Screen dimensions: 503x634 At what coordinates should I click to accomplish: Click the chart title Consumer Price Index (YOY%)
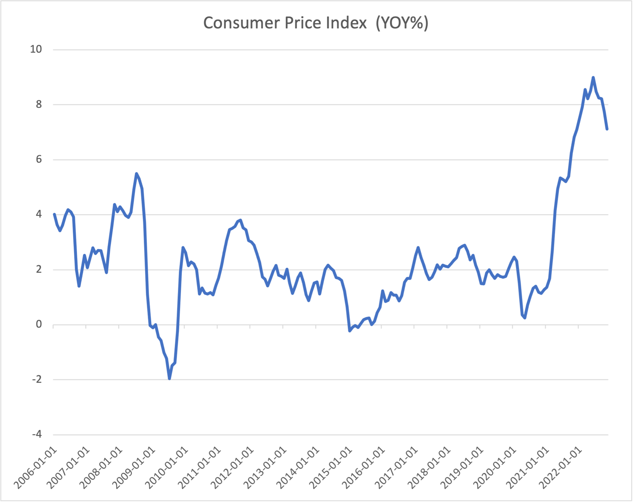pos(315,23)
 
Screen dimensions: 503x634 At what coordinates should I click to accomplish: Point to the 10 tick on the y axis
pos(36,49)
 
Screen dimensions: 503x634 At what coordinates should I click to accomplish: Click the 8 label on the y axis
pos(39,104)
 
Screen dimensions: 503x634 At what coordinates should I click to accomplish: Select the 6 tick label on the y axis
pos(39,159)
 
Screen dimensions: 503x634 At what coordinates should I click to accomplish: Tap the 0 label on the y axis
pos(39,325)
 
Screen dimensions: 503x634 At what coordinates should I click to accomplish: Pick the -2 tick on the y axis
pos(36,380)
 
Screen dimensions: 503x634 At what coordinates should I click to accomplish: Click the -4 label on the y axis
pos(36,435)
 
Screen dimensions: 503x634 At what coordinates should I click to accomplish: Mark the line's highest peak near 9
pos(593,77)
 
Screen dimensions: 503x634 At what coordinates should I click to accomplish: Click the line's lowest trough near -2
pos(169,379)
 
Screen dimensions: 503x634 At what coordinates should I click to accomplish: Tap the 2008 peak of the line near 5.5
pos(136,174)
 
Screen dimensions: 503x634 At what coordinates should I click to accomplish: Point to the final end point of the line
pos(607,129)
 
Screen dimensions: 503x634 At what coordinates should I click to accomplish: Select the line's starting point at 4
pos(54,214)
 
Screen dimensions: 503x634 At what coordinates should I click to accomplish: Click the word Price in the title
pos(303,23)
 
